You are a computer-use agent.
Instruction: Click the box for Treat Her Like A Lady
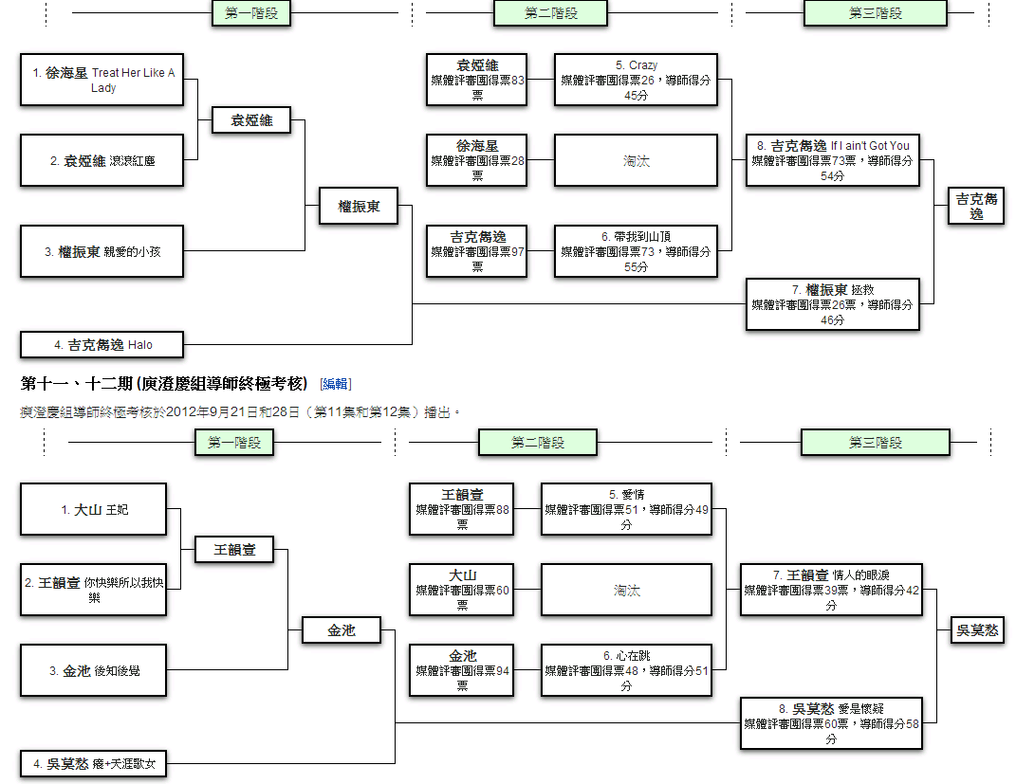(102, 80)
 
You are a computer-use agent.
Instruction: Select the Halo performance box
(102, 344)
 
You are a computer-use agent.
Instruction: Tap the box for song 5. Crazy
(636, 80)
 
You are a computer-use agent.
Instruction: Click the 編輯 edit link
(336, 384)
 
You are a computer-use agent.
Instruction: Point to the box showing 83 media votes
(477, 80)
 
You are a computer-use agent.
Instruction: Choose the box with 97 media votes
(477, 251)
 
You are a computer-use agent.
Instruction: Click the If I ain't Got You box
(833, 160)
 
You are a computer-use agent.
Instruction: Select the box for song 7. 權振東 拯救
(833, 304)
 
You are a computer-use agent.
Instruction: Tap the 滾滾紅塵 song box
(102, 160)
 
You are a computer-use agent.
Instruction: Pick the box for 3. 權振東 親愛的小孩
(102, 251)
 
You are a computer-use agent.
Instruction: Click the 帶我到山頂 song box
(636, 251)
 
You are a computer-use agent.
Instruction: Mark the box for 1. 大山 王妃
(93, 509)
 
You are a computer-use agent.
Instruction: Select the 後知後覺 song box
(93, 670)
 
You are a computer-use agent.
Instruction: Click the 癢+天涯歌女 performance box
(93, 764)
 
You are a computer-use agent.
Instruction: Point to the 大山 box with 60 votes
(461, 590)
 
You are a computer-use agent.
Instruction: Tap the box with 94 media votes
(461, 670)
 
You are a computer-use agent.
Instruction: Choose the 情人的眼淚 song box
(831, 590)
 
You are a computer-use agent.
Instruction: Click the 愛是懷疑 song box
(831, 723)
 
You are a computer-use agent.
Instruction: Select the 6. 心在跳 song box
(626, 670)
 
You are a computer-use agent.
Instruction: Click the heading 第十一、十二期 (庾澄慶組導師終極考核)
(164, 384)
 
